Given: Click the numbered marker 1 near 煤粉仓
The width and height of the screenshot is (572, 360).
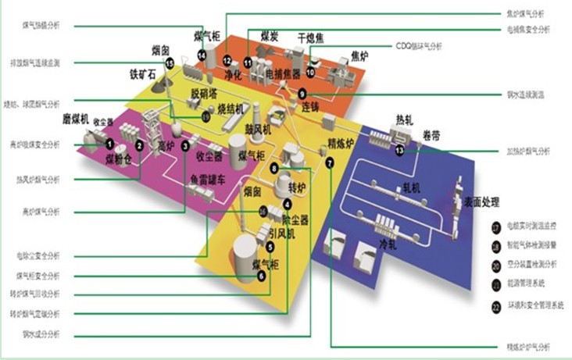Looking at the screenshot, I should (x=109, y=143).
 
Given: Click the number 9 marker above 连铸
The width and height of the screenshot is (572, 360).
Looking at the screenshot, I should (x=302, y=93).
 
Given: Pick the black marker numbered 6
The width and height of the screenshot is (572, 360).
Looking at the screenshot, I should (x=261, y=274).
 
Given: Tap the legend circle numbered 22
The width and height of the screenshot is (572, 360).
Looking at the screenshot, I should (x=496, y=307).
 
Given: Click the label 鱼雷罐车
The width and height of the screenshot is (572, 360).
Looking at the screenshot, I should (x=204, y=178).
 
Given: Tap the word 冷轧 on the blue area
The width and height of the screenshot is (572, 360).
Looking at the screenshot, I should (x=388, y=244).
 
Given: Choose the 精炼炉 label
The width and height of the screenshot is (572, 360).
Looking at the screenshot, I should (x=342, y=143).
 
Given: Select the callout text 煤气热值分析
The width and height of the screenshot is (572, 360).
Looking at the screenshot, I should (x=40, y=24).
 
